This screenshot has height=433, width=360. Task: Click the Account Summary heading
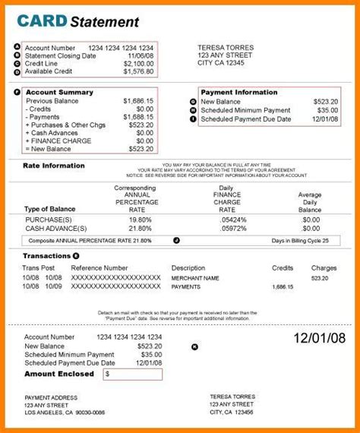coord(59,93)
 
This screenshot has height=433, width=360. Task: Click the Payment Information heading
coord(238,93)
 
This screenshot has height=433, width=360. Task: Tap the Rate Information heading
coord(53,165)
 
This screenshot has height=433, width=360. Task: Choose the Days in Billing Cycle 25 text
coord(300,241)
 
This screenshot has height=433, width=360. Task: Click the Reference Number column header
coord(99,267)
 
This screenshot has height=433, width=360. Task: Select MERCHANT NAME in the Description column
coord(197,279)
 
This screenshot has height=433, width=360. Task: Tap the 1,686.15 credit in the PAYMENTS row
coord(283,288)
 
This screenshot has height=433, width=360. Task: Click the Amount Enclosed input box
coord(132,375)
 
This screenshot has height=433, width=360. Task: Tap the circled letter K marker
coord(194,346)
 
